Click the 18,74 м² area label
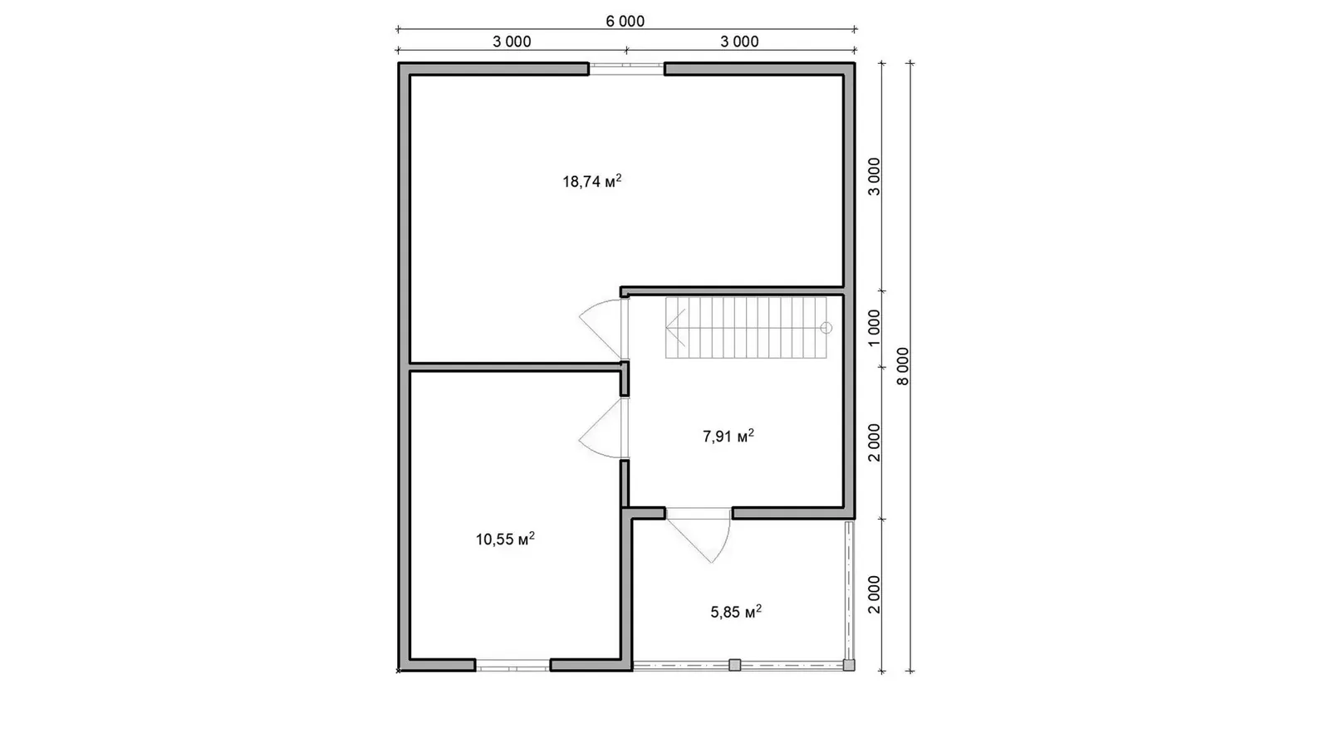click(x=591, y=181)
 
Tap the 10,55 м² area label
click(x=505, y=539)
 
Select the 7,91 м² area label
click(x=728, y=437)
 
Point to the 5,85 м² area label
click(x=736, y=612)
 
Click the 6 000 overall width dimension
click(x=625, y=22)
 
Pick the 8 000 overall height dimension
click(x=902, y=366)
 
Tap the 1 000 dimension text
click(x=874, y=329)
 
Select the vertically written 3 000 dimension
click(x=874, y=176)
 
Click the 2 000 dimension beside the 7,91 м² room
click(x=874, y=442)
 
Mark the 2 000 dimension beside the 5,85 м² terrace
click(x=874, y=594)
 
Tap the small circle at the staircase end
click(x=826, y=328)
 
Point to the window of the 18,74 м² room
click(x=626, y=69)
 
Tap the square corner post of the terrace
click(x=849, y=665)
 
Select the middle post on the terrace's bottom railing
click(x=734, y=665)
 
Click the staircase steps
click(x=746, y=328)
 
